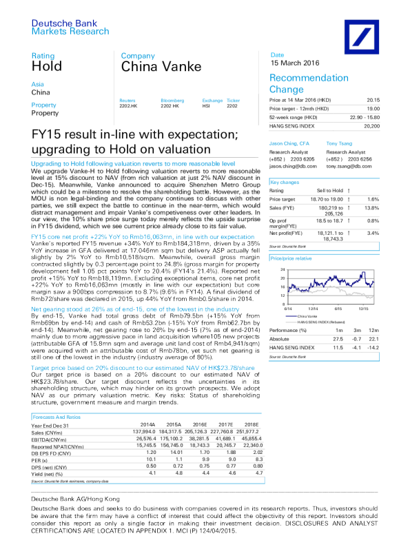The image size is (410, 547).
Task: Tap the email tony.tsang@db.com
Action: click(345, 166)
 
